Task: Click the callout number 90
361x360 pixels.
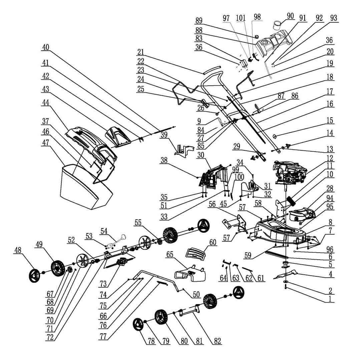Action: click(x=290, y=16)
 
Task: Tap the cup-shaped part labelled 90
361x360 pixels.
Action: click(x=278, y=25)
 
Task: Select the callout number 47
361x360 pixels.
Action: click(x=46, y=142)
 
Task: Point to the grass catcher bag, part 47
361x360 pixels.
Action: click(x=86, y=187)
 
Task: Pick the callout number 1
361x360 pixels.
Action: click(x=330, y=299)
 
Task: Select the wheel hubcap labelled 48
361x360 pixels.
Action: click(x=35, y=276)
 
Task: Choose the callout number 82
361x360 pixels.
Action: click(x=217, y=341)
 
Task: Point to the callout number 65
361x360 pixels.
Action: click(x=170, y=254)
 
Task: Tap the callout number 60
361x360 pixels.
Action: click(x=213, y=242)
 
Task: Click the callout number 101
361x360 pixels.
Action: click(x=241, y=18)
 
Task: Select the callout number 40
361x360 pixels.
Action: click(x=46, y=47)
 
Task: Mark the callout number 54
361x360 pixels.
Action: click(x=104, y=231)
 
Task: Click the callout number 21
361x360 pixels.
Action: click(x=141, y=52)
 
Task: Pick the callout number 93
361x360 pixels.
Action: click(x=333, y=18)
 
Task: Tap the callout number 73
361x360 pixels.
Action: click(x=103, y=284)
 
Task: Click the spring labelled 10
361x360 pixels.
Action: click(x=291, y=201)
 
